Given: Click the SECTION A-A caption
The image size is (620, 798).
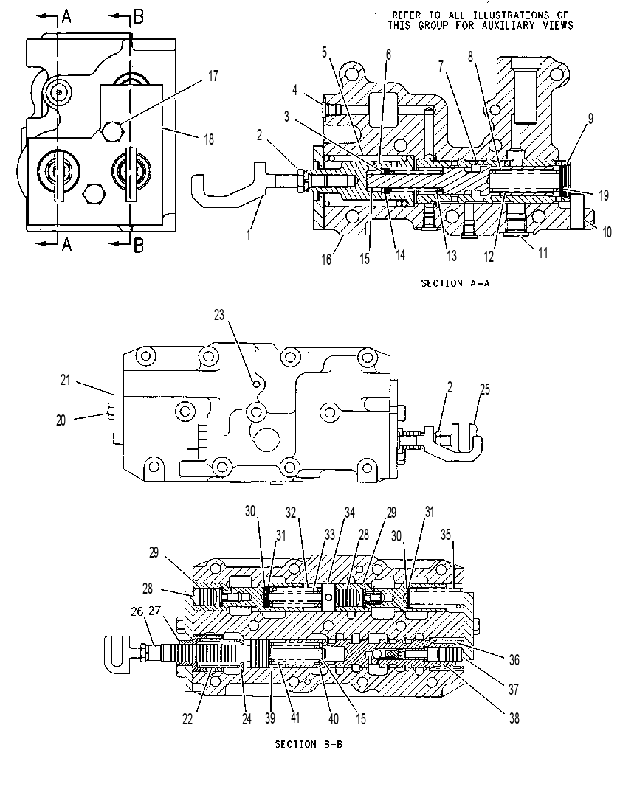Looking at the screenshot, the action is (455, 283).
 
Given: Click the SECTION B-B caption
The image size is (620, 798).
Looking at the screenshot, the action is (309, 745).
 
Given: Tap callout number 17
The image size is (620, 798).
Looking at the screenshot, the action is (213, 76).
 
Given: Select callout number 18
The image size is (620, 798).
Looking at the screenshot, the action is (209, 139).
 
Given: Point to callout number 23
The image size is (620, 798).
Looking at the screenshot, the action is (219, 315).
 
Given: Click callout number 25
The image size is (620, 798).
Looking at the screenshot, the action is (484, 389).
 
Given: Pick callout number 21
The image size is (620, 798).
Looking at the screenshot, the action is (65, 380).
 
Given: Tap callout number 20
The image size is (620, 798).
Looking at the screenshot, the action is (61, 420).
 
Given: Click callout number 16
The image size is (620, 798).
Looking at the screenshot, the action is (326, 260).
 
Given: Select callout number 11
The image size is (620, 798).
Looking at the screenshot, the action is (543, 253).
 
